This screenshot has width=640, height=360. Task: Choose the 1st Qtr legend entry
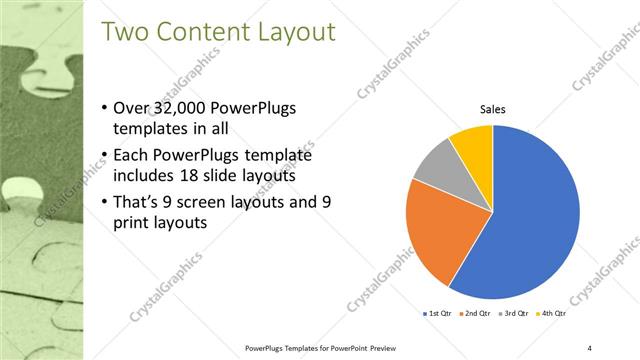coord(438,315)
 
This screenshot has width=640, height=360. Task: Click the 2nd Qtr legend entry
coord(474,315)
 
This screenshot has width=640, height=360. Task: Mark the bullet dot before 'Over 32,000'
coord(107,108)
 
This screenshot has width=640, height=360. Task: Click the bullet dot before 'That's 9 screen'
coord(107,201)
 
